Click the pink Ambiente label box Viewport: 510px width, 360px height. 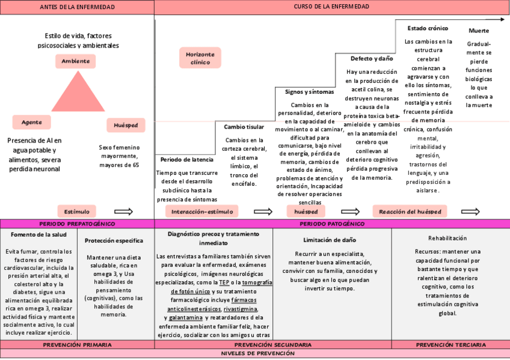(x=76, y=61)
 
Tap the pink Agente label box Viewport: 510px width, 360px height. (x=32, y=121)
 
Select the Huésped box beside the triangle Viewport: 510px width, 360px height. (x=126, y=126)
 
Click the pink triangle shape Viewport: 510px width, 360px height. (x=76, y=93)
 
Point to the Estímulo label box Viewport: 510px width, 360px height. (x=76, y=212)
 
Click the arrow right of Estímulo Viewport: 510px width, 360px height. (x=123, y=212)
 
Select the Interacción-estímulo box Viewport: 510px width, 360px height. (x=201, y=212)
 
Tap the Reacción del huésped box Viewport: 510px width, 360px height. (x=410, y=212)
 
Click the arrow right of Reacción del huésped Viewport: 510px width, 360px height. (x=470, y=212)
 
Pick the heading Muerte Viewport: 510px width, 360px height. (x=479, y=31)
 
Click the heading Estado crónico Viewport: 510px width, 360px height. (x=428, y=28)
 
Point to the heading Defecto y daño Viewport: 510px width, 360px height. (x=372, y=58)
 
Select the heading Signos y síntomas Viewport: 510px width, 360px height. (x=309, y=92)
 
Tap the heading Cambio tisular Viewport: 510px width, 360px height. (x=244, y=127)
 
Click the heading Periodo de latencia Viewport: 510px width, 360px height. (x=186, y=159)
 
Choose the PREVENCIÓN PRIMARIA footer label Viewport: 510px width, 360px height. (x=77, y=345)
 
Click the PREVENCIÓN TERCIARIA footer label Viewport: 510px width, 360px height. (x=451, y=345)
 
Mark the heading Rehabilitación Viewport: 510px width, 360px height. (x=447, y=238)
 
